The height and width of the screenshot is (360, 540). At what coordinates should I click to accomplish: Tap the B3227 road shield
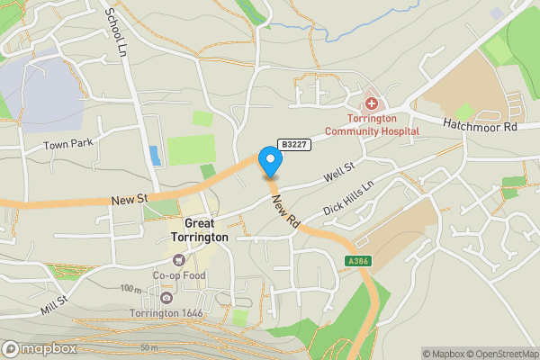click(x=293, y=144)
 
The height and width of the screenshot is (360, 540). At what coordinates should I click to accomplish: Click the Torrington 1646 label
click(x=166, y=313)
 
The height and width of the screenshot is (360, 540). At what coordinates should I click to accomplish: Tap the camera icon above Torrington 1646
click(x=166, y=298)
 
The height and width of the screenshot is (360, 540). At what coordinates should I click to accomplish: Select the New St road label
click(x=130, y=199)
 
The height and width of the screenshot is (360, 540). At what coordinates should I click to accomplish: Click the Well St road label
click(x=341, y=167)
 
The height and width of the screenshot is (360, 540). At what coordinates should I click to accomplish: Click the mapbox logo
click(x=40, y=348)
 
